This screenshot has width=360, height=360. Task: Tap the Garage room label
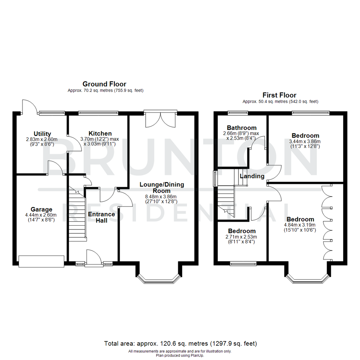(41, 209)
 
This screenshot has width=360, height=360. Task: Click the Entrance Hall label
(101, 217)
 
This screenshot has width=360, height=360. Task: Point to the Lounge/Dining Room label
(162, 187)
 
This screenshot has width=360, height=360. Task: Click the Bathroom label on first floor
(242, 128)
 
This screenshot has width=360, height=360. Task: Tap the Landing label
(252, 176)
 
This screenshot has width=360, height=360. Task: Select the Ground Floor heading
(104, 84)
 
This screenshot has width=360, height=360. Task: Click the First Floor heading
(279, 95)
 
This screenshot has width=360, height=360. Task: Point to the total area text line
(180, 343)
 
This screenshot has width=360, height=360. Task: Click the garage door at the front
(41, 261)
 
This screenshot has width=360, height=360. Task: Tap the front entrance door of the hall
(94, 258)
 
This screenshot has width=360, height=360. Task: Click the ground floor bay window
(159, 278)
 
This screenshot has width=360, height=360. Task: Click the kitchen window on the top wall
(98, 113)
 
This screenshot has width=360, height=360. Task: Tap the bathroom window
(238, 113)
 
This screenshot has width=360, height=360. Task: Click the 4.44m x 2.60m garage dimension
(41, 215)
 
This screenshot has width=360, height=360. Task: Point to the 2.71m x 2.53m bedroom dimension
(242, 237)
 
